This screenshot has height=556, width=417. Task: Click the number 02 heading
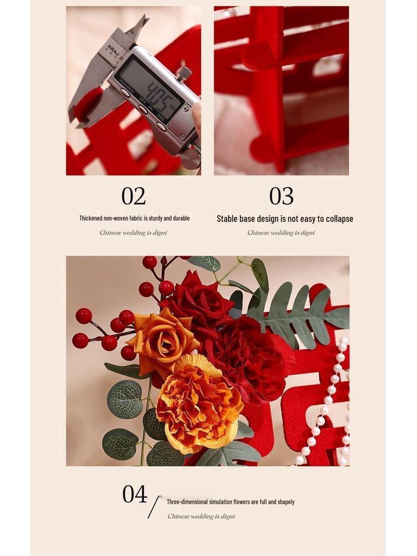(x=134, y=196)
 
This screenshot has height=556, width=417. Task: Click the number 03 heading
(x=281, y=196)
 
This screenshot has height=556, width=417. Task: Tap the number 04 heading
(x=135, y=494)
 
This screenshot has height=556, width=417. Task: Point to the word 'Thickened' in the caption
(x=91, y=218)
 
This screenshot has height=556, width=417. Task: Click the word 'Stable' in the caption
(x=227, y=219)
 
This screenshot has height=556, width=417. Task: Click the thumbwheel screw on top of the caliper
(x=185, y=72)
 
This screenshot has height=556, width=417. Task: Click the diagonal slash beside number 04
(x=154, y=507)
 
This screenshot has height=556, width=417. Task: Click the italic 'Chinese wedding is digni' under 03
(x=281, y=233)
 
